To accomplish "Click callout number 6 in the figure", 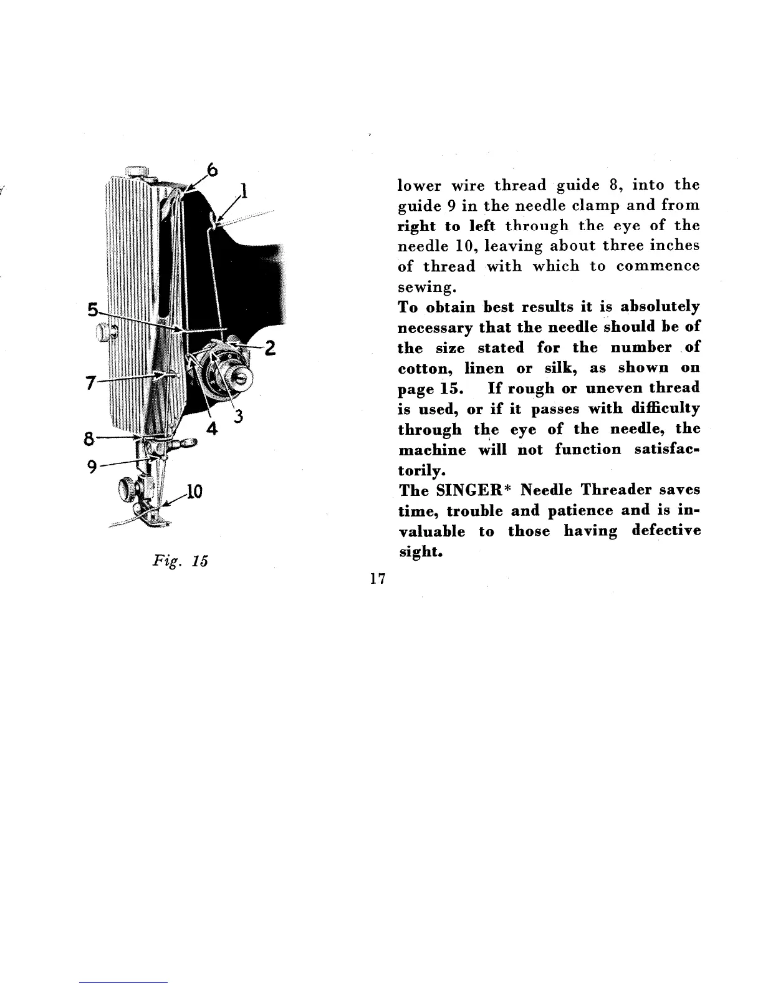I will [x=213, y=169].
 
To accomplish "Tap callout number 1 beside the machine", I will [x=245, y=189].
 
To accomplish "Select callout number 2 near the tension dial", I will [x=269, y=348].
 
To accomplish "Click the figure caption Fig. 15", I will [x=180, y=560].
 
